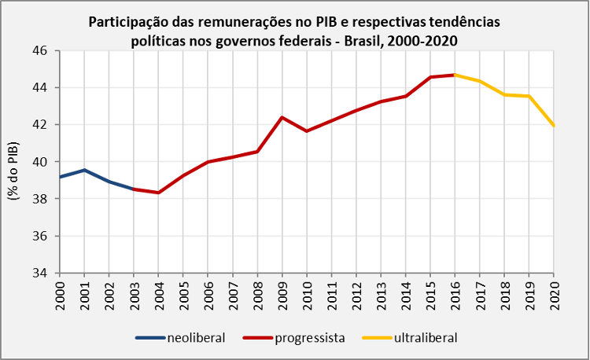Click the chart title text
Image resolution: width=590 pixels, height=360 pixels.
click(x=295, y=29)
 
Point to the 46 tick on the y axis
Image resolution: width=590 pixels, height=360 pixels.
click(x=39, y=50)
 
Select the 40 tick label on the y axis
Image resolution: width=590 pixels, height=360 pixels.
click(x=39, y=162)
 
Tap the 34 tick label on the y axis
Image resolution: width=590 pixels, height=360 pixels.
click(x=39, y=274)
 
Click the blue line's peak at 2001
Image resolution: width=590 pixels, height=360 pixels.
click(x=84, y=170)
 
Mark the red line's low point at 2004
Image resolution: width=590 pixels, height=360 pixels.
click(x=158, y=193)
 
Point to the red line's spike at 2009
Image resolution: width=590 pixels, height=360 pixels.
click(x=282, y=117)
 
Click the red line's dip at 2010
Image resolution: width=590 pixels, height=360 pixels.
click(x=306, y=130)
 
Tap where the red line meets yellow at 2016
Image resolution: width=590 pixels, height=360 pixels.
click(x=454, y=75)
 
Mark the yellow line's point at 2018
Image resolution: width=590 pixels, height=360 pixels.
click(x=503, y=94)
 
